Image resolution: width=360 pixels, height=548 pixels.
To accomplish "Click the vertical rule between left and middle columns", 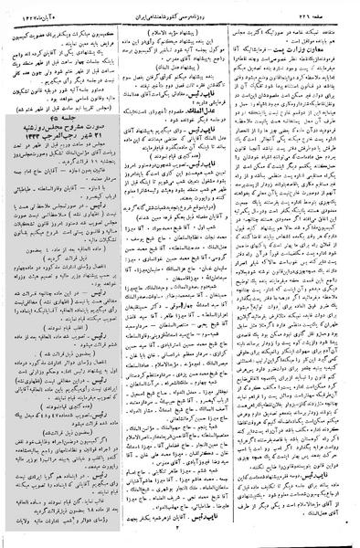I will coord(120,274).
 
